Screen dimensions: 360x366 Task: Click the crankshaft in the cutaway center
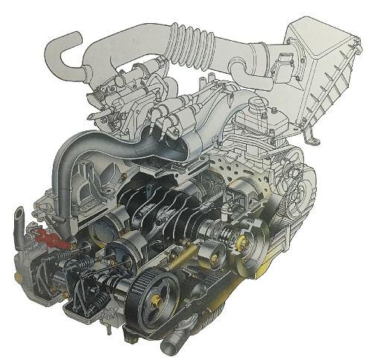(171, 209)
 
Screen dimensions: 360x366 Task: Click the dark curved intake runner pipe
(75, 160)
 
